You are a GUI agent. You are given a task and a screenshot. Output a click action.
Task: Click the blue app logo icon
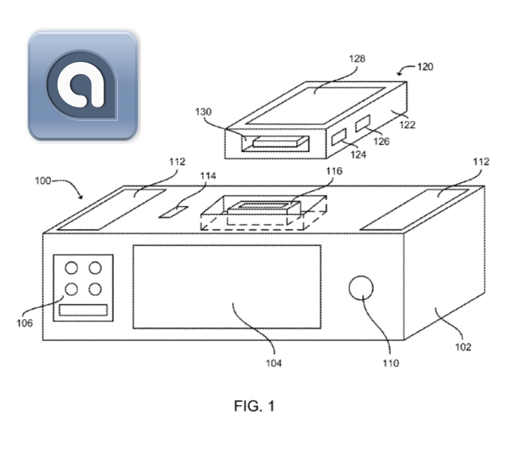pyautogui.click(x=83, y=85)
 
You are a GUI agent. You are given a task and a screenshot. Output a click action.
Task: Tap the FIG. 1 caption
pyautogui.click(x=254, y=406)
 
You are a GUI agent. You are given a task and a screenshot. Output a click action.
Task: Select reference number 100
pyautogui.click(x=43, y=181)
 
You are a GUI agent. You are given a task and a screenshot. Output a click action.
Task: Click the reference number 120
pyautogui.click(x=425, y=67)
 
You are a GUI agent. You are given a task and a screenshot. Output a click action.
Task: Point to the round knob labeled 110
pyautogui.click(x=361, y=287)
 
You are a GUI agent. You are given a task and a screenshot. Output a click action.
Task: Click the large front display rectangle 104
pyautogui.click(x=227, y=287)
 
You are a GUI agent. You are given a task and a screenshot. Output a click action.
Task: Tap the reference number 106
pyautogui.click(x=25, y=323)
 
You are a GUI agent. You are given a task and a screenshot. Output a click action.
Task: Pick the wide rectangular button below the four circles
pyautogui.click(x=83, y=310)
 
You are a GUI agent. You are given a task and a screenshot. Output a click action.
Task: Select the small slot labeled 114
pyautogui.click(x=174, y=212)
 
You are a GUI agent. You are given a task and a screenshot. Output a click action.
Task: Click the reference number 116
pyautogui.click(x=334, y=171)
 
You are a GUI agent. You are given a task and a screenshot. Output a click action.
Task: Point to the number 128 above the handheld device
pyautogui.click(x=357, y=59)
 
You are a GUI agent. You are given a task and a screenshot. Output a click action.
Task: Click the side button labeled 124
pyautogui.click(x=339, y=137)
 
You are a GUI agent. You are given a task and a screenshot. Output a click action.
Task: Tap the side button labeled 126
pyautogui.click(x=362, y=123)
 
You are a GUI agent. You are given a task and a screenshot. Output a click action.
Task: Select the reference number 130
pyautogui.click(x=203, y=111)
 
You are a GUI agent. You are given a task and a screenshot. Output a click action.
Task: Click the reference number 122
pyautogui.click(x=408, y=125)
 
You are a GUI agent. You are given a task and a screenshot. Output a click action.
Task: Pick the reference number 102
pyautogui.click(x=463, y=347)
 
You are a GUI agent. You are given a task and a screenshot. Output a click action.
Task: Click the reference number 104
pyautogui.click(x=274, y=363)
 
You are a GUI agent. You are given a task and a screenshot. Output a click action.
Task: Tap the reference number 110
pyautogui.click(x=391, y=363)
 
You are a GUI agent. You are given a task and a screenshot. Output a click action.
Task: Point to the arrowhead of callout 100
pyautogui.click(x=81, y=197)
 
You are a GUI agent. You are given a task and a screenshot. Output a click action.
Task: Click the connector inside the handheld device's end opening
pyautogui.click(x=280, y=142)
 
